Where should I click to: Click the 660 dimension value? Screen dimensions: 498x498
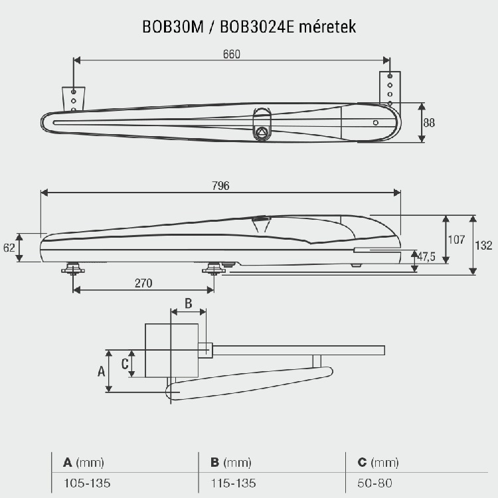[231, 54]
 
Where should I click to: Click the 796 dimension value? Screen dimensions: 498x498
[221, 187]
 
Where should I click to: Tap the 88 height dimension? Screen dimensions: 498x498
[429, 122]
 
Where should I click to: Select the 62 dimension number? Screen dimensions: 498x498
[9, 247]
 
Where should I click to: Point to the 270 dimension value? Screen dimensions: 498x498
[143, 283]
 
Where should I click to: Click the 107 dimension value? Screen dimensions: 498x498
[456, 240]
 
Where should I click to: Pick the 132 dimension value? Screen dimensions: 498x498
[484, 245]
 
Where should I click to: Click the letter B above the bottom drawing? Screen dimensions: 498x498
[188, 304]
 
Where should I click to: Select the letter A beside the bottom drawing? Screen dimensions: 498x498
[101, 371]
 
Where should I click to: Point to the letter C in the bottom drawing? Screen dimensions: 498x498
[124, 363]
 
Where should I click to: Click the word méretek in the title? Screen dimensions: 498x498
[329, 27]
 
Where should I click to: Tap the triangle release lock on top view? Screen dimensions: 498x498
[262, 131]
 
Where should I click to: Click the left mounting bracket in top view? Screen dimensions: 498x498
[74, 100]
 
